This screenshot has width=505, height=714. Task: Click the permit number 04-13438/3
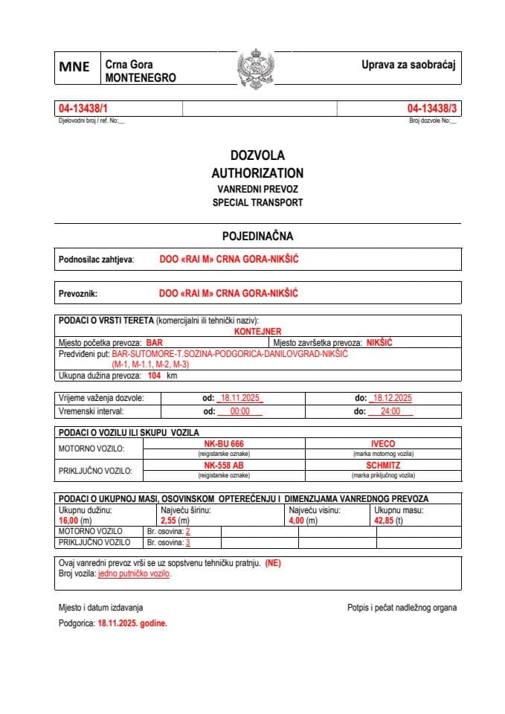tap(431, 109)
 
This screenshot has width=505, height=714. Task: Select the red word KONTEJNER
tap(257, 332)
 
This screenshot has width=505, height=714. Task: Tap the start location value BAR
tap(154, 342)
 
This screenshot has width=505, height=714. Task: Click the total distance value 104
tap(155, 376)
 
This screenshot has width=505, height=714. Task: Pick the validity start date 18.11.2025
tap(240, 398)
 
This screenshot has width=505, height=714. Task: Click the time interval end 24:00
tap(390, 411)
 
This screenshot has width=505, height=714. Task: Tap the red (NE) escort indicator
tap(273, 563)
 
